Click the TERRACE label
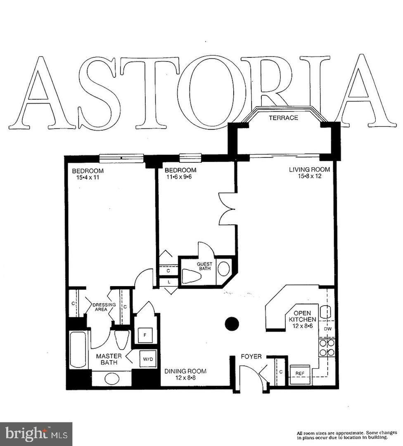[283, 118]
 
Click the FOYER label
[251, 356]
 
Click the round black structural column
[232, 324]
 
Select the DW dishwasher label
[327, 329]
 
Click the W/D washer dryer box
[148, 359]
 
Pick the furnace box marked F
[145, 335]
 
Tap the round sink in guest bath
[223, 269]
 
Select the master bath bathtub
[78, 349]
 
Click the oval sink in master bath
[111, 378]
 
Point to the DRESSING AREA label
[100, 307]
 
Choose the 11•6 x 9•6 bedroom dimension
[180, 177]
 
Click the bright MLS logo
[36, 434]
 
